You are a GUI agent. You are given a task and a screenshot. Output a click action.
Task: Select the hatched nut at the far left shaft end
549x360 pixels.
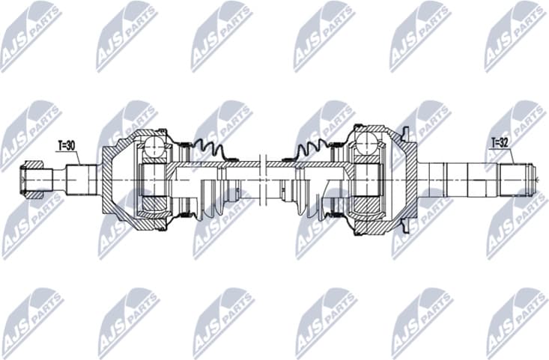point(33,180)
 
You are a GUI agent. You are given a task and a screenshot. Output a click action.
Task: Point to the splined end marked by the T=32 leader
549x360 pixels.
point(518,180)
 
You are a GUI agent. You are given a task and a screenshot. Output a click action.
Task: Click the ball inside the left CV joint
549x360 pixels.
point(154,145)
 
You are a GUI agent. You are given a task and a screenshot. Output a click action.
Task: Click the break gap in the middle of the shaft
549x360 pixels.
point(260,180)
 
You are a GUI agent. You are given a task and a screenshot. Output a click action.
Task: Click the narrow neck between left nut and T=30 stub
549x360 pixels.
point(57,180)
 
